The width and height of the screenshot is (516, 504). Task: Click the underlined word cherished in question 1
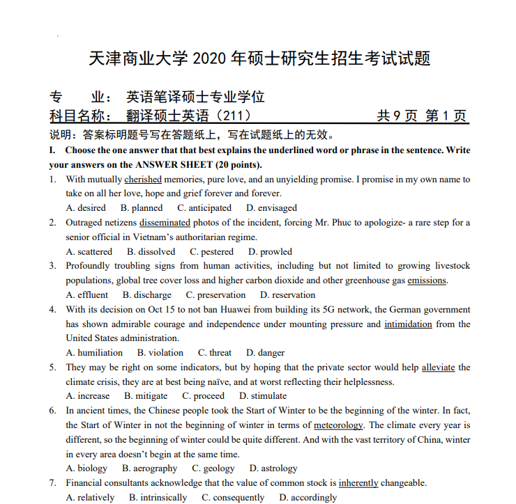click(143, 180)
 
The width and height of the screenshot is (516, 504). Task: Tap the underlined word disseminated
click(165, 223)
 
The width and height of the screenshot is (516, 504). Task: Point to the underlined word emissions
click(427, 281)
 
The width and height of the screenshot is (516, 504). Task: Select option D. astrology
click(273, 468)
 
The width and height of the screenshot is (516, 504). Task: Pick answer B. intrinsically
click(158, 498)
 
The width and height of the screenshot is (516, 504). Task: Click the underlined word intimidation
click(408, 324)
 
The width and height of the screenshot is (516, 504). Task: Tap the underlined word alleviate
click(438, 368)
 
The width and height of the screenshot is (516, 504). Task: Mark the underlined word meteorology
click(338, 425)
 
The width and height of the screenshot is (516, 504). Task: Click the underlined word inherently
click(358, 483)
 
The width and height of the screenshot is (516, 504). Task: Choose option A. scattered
click(89, 252)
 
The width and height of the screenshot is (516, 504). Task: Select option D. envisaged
click(271, 208)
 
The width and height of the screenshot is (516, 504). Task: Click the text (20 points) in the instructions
click(238, 165)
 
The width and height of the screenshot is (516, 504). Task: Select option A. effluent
click(87, 295)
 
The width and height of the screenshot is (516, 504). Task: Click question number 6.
click(53, 411)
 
